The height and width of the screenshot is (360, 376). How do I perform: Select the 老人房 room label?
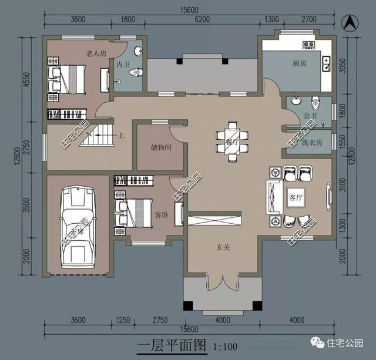tap(96, 53)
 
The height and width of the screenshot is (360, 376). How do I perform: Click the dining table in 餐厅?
tap(231, 141)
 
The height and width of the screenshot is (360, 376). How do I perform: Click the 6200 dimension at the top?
tap(202, 19)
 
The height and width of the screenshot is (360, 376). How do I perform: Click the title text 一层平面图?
tap(172, 345)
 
